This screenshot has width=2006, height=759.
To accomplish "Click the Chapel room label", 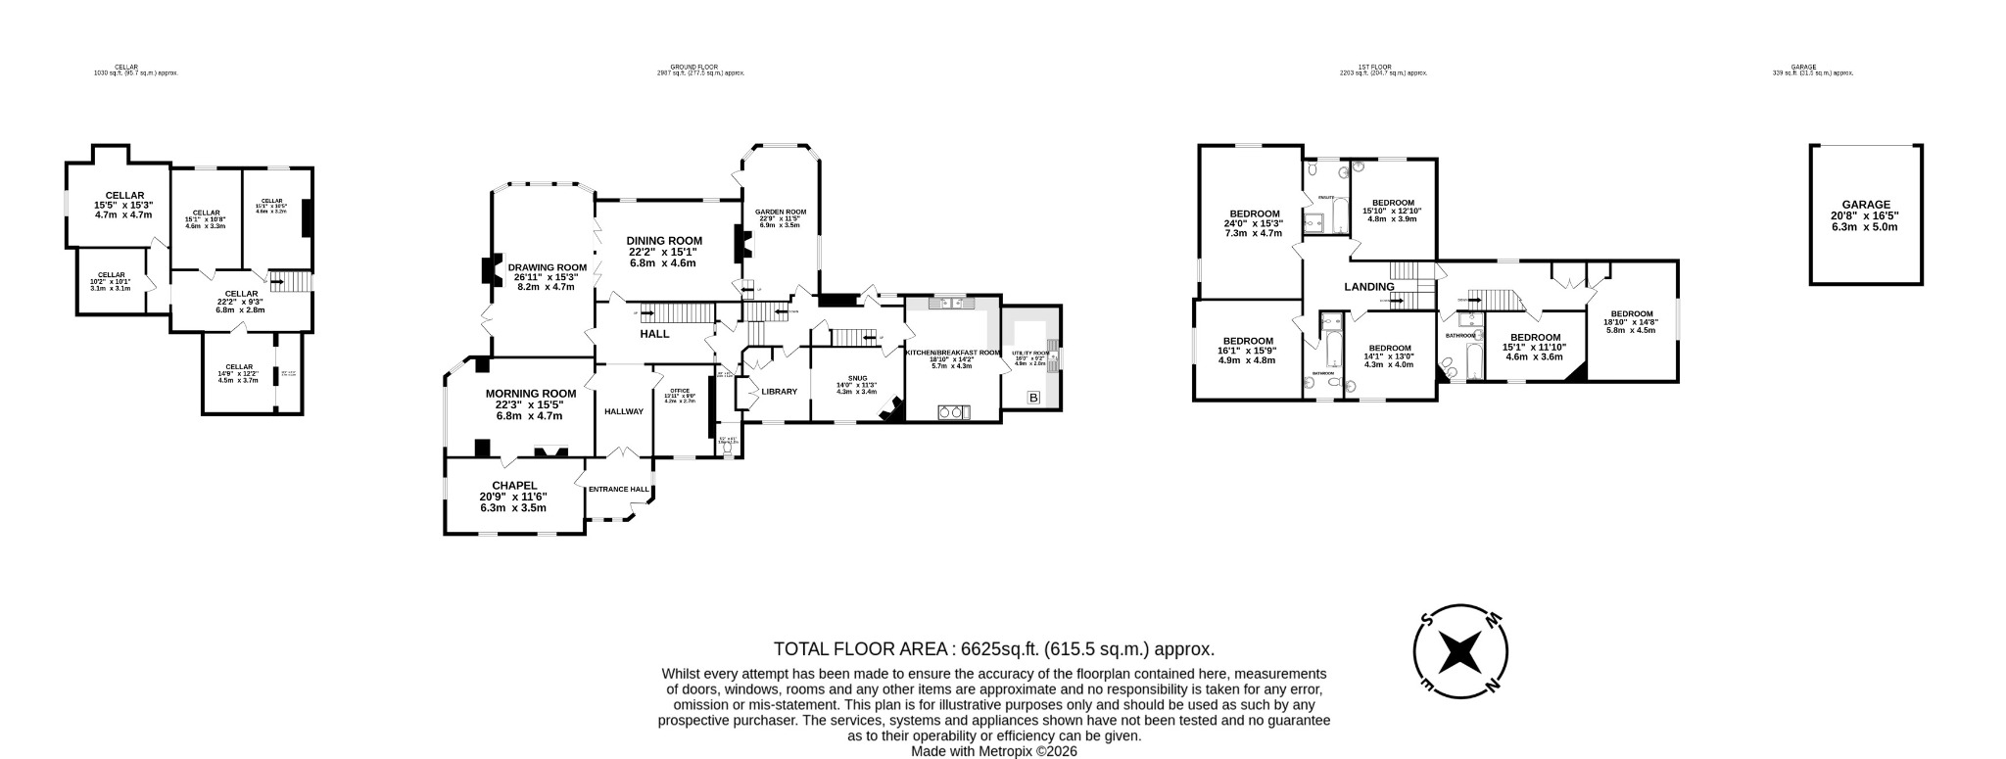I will [x=513, y=485].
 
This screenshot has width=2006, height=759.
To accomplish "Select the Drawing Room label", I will [x=547, y=267].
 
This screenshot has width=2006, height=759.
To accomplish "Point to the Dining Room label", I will [x=665, y=241].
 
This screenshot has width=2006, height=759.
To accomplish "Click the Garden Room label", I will [x=780, y=212].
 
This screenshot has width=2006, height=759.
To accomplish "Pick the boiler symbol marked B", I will [x=1032, y=398].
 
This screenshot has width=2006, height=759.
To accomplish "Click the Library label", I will [x=779, y=392].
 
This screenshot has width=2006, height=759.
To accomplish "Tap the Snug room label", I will [x=858, y=377].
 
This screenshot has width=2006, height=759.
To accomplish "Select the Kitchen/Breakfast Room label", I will [x=952, y=353].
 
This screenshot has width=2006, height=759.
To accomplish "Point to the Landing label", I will [x=1368, y=287].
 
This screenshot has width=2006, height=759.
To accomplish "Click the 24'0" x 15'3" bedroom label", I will [x=1254, y=213].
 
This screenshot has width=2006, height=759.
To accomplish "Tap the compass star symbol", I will [x=1459, y=651].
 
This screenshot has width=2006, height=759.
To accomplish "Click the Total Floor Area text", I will [x=993, y=648].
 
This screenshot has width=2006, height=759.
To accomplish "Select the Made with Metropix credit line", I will [x=993, y=751].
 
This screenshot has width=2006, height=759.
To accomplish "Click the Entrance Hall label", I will [x=618, y=490].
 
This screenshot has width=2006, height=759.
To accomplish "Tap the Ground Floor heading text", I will [x=700, y=68].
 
